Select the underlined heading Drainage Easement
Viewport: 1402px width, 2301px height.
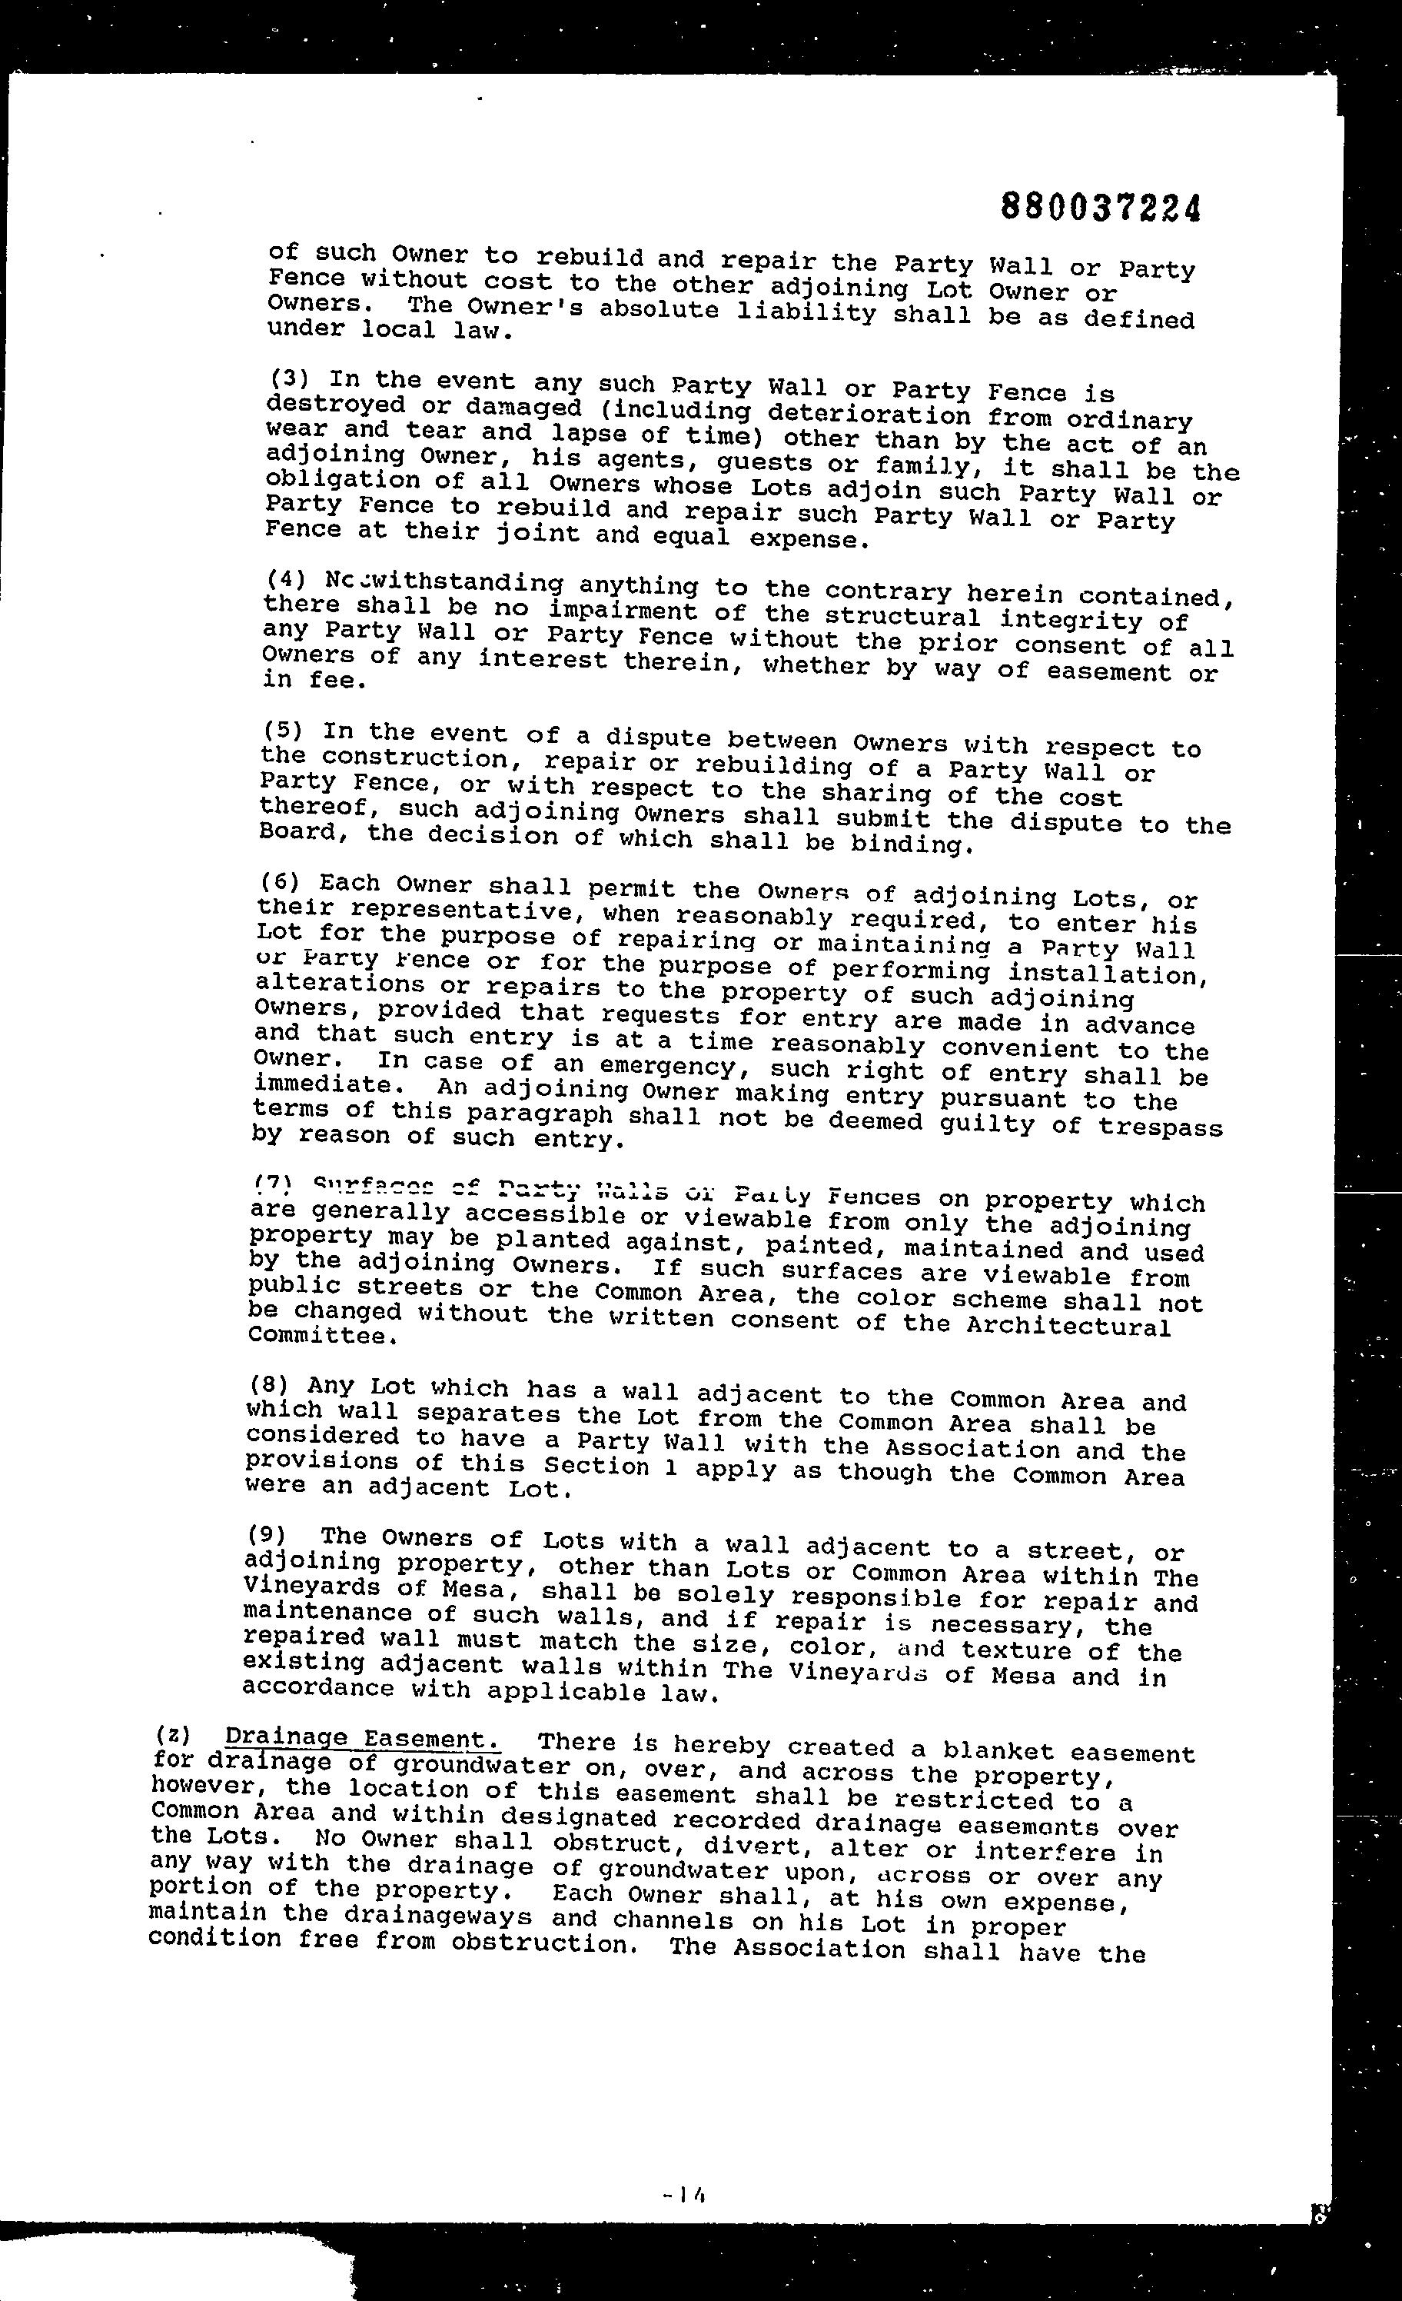click(x=362, y=1739)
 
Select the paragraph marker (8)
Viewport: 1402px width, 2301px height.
click(x=270, y=1385)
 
